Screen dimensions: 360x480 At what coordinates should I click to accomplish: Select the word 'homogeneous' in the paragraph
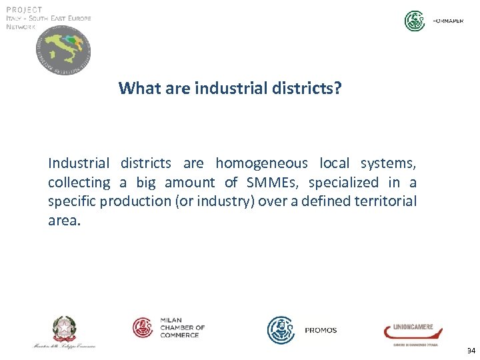point(261,163)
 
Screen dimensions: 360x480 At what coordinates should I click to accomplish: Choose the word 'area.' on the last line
point(64,221)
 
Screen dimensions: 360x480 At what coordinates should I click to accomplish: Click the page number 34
point(471,350)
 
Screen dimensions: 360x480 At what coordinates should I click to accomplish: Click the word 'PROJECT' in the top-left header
point(25,9)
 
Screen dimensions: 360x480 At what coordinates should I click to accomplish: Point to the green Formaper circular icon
point(415,21)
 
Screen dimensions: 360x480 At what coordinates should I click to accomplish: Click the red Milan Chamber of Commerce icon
point(143,327)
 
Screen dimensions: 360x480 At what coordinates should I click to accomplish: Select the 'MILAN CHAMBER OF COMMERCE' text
point(182,327)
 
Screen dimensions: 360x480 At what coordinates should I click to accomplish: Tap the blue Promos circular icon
point(281,330)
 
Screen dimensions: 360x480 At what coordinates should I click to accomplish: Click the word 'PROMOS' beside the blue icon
point(321,330)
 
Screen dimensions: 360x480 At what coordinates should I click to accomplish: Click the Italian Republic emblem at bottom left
point(65,329)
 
